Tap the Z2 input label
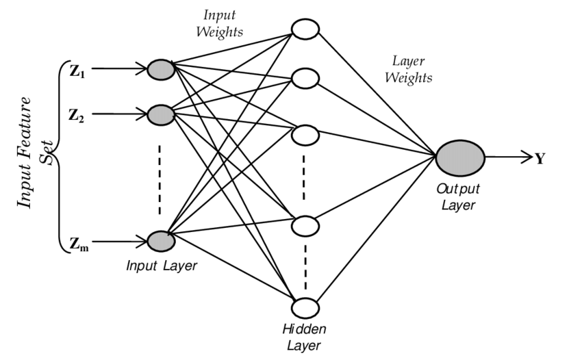click(x=77, y=115)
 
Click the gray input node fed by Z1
click(x=161, y=69)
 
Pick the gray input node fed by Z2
click(x=161, y=114)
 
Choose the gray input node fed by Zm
click(x=161, y=241)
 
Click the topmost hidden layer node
click(x=305, y=29)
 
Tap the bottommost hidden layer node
click(x=305, y=307)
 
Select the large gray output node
click(x=460, y=158)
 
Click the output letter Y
click(x=540, y=159)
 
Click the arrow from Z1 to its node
click(x=120, y=69)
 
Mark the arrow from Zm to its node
click(x=120, y=242)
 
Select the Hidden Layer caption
click(x=304, y=337)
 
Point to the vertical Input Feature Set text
click(x=34, y=152)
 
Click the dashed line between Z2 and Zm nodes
click(x=160, y=178)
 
